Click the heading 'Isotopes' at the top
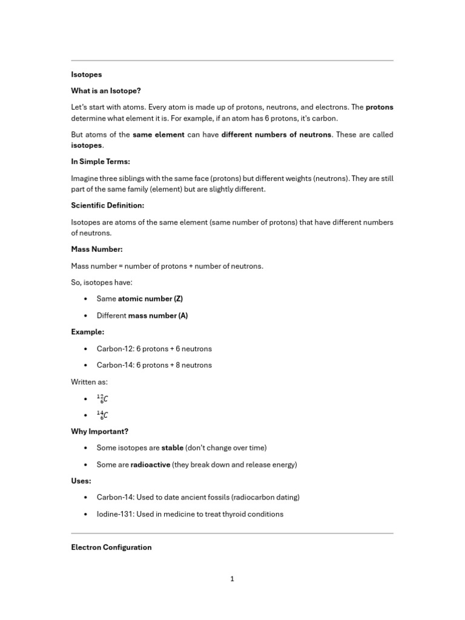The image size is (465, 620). click(87, 74)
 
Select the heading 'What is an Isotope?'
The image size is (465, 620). click(105, 91)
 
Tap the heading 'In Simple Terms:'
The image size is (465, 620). click(101, 162)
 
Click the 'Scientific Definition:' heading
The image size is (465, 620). click(107, 206)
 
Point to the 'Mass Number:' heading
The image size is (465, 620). click(97, 249)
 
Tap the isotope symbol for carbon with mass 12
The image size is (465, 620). click(102, 398)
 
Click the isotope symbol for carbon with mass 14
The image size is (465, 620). click(102, 415)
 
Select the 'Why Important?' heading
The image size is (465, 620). click(100, 431)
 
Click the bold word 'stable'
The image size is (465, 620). click(172, 448)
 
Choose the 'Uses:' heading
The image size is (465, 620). click(81, 481)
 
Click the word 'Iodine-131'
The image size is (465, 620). click(115, 514)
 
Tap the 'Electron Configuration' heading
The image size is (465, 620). click(111, 547)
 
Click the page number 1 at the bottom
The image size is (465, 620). click(232, 579)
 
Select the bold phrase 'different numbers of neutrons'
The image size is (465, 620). click(276, 134)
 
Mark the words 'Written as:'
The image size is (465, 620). click(90, 381)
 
